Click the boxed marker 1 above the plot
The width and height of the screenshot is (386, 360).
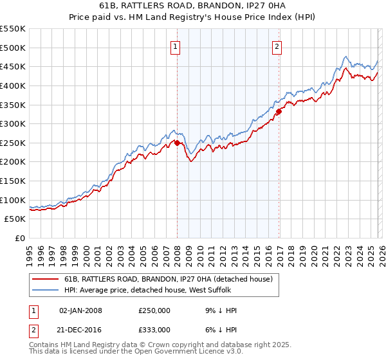[x=176, y=46]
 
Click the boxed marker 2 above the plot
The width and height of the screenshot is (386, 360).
[x=277, y=46]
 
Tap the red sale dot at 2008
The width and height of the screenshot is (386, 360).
[x=177, y=143]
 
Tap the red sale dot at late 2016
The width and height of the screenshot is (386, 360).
[x=279, y=111]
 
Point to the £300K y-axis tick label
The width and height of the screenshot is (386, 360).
[x=13, y=123]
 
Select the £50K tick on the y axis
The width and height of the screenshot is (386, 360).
[x=15, y=219]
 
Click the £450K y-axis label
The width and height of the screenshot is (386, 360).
[x=13, y=66]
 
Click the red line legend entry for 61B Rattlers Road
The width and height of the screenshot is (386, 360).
[x=169, y=279]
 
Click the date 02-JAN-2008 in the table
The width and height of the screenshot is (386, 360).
[x=80, y=310]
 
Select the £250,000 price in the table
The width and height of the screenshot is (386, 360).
[x=154, y=310]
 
